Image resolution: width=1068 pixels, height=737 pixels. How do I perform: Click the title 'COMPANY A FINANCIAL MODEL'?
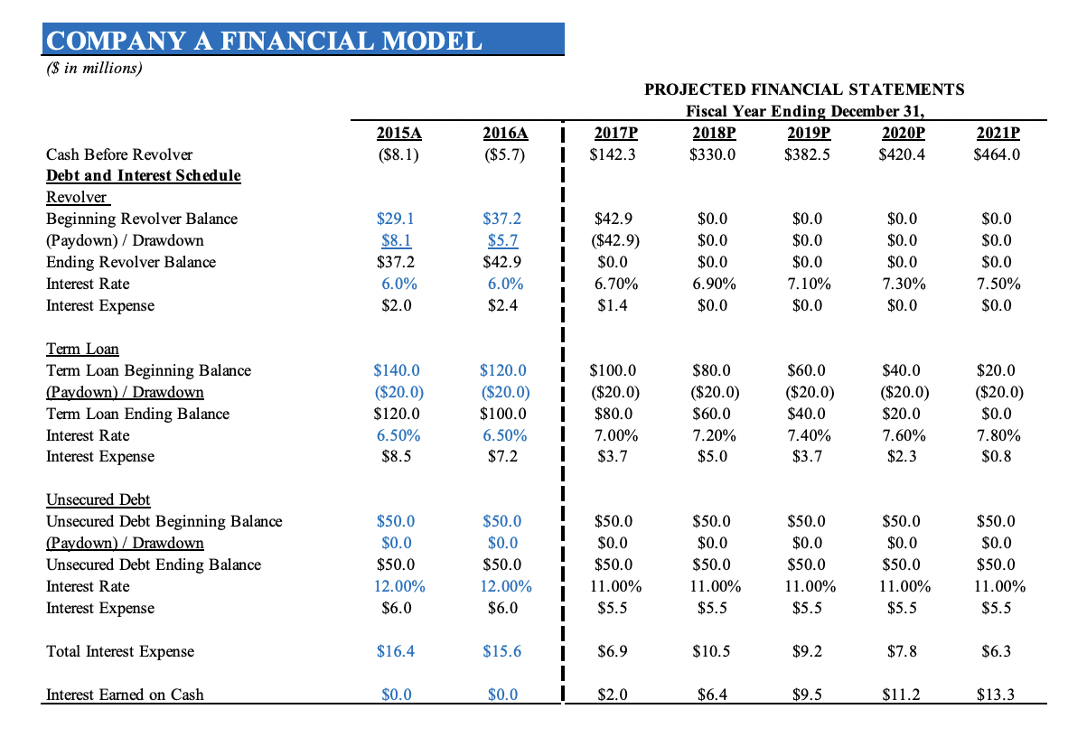264,41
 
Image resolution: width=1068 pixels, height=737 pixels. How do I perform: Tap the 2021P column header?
998,133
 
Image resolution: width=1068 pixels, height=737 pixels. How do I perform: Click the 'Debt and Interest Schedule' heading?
144,175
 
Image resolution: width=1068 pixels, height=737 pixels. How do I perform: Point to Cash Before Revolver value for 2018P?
712,154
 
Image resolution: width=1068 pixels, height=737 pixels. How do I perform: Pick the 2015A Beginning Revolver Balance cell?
397,219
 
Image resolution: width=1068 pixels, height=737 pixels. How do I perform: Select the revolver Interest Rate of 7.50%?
998,284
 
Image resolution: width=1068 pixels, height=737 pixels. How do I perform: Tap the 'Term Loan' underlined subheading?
82,349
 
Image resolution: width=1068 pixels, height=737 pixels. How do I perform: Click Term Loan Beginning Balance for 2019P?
807,370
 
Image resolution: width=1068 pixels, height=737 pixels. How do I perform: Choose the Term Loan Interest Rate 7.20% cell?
712,435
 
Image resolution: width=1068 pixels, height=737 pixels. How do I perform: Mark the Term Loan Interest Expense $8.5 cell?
397,456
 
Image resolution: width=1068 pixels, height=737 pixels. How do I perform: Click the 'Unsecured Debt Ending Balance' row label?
154,564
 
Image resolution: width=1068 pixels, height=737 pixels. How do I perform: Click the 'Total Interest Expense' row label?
120,651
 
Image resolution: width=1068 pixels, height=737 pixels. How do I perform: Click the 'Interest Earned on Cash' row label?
125,695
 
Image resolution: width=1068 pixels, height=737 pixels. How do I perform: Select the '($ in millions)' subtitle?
95,68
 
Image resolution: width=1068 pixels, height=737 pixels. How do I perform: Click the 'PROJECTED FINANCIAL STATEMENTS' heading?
804,89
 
